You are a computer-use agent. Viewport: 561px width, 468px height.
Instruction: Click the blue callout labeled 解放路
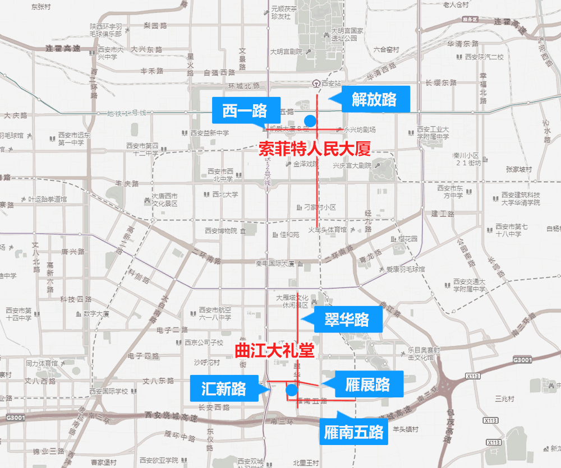pos(374,99)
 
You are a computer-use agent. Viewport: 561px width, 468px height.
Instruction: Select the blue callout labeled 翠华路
pos(347,320)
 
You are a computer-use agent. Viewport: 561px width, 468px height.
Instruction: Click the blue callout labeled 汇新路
pos(224,388)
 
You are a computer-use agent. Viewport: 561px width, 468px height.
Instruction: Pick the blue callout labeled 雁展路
pos(367,384)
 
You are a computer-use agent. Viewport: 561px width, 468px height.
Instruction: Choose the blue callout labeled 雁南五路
pos(354,432)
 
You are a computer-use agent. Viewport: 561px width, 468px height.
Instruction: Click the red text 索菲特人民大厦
pos(315,150)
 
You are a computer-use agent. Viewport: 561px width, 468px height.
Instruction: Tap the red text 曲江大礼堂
pos(274,351)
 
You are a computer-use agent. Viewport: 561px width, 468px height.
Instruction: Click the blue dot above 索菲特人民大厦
pos(309,121)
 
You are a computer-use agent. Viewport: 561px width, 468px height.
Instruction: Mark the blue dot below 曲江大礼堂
pos(291,390)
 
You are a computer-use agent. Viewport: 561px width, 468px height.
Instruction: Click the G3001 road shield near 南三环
pos(522,359)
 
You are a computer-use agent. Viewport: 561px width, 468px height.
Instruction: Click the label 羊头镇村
pos(405,429)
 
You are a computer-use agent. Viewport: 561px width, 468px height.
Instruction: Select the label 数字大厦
pos(96,314)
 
